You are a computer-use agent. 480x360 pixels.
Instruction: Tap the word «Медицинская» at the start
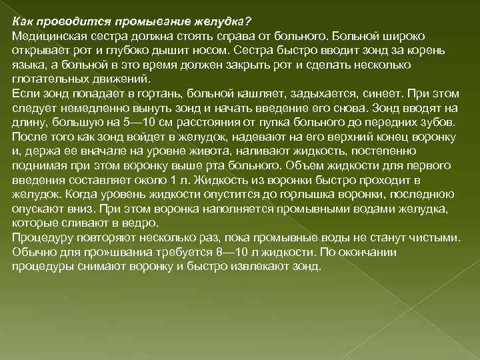click(x=46, y=33)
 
